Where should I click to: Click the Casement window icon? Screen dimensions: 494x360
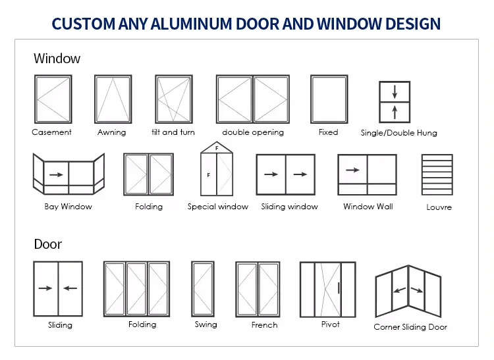[53, 99]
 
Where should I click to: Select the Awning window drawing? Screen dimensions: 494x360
[113, 99]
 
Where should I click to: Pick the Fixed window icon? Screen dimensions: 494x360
[329, 99]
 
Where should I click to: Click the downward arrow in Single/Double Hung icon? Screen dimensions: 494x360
[395, 91]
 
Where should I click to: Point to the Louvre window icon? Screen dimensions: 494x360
[437, 174]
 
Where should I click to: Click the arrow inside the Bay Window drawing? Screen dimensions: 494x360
[56, 175]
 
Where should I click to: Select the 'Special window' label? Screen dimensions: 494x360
[218, 207]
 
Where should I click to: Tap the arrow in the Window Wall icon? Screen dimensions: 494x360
[352, 170]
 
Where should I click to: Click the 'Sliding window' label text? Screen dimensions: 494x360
[289, 207]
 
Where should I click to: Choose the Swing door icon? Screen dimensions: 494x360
[203, 289]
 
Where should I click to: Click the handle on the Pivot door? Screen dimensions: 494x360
[339, 288]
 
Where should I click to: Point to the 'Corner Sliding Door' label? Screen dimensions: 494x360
[410, 327]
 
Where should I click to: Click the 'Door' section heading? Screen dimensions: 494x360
[47, 244]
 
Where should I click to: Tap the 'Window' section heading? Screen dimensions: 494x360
[57, 59]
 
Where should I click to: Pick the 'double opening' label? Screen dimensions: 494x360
[253, 132]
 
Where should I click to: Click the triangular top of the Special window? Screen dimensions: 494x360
[217, 148]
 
